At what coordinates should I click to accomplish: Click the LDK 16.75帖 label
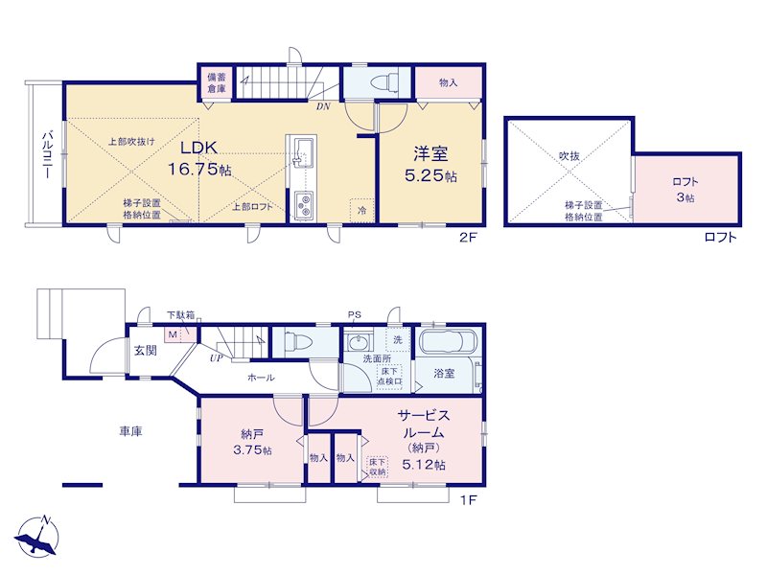[x=199, y=158]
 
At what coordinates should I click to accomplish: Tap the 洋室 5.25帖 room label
[x=430, y=164]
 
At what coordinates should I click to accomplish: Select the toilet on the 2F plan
[x=383, y=81]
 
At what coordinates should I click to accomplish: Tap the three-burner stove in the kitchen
[x=303, y=205]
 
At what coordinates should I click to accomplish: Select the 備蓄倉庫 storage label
[x=217, y=82]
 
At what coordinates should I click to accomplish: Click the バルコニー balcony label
[x=47, y=154]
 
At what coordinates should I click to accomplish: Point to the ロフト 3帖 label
[x=686, y=189]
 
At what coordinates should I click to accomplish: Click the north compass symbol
[x=38, y=537]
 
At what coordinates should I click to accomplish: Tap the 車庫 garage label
[x=130, y=431]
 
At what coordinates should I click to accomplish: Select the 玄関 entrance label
[x=146, y=350]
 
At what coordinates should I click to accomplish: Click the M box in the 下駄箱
[x=173, y=334]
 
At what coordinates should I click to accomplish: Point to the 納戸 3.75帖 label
[x=252, y=442]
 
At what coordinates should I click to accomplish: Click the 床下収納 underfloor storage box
[x=377, y=467]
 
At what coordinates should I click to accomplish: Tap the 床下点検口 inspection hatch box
[x=389, y=376]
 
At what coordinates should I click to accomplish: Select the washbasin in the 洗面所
[x=358, y=342]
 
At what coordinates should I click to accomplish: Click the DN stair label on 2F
[x=323, y=105]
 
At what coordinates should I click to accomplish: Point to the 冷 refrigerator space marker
[x=362, y=211]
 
